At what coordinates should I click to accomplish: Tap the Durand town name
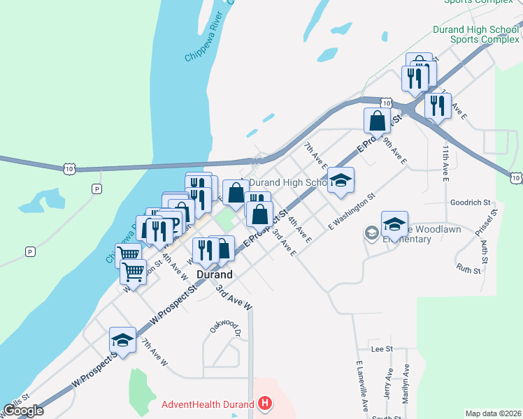[214, 274]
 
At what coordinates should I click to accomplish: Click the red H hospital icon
[265, 403]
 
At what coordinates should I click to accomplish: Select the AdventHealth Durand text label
[208, 404]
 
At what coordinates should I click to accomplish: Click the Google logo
[23, 411]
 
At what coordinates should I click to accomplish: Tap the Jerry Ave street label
[389, 383]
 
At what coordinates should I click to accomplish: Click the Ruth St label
[468, 268]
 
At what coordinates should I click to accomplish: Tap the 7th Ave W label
[155, 353]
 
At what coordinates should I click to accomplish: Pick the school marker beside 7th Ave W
[122, 340]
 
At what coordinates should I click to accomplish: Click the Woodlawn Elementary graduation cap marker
[394, 224]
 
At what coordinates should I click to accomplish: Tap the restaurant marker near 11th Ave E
[437, 105]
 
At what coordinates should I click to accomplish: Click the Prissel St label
[493, 221]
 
